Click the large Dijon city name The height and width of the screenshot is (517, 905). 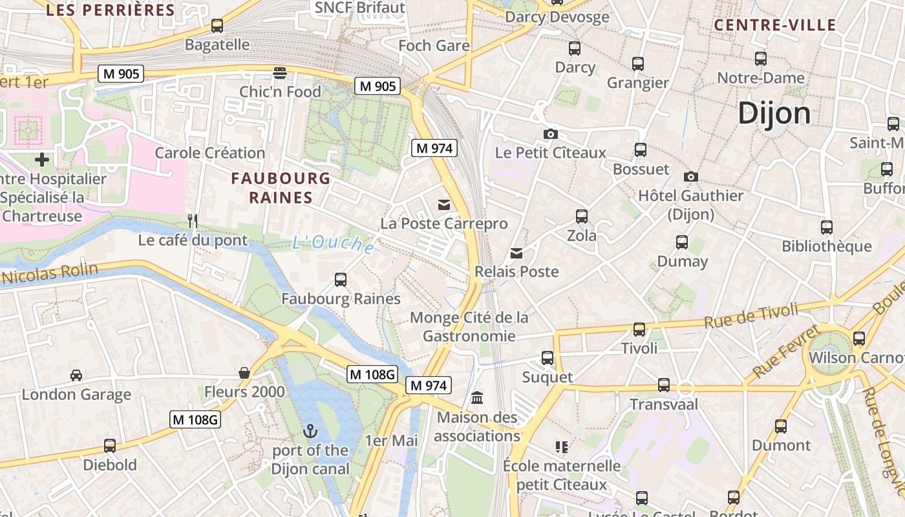coord(774,113)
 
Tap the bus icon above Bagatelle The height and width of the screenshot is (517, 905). coord(217,26)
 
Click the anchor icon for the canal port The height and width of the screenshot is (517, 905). coord(311,430)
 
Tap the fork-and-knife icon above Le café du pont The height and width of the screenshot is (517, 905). coord(192,221)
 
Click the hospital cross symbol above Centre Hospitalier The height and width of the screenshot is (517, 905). coord(42,159)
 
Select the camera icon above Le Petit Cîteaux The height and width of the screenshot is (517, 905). coord(551,134)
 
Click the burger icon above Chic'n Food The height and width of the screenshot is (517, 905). coord(280,72)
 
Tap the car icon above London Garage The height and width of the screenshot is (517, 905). coord(76,375)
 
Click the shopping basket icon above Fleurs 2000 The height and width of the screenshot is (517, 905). coord(244,373)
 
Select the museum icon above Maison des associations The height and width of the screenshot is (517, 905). coord(477,397)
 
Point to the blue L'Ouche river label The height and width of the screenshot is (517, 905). coord(333,244)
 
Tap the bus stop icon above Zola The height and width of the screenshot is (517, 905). coord(582,216)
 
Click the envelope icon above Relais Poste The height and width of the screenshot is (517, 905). coord(516,253)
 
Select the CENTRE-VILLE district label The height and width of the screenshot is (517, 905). coord(775,25)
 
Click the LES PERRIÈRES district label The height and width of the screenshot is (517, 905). coord(111,10)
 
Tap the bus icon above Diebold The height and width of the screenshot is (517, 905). coord(110,446)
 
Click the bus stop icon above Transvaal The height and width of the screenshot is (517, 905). coord(664,385)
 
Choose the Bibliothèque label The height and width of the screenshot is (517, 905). coord(826,246)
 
